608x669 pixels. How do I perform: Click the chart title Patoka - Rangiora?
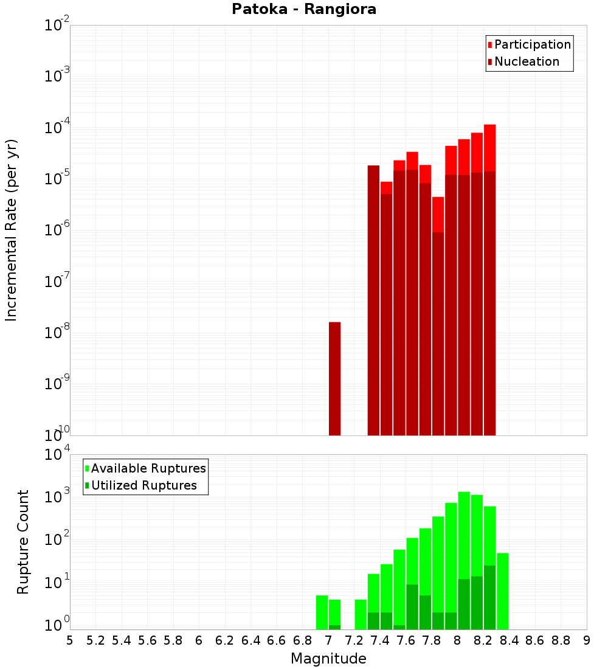coord(304,9)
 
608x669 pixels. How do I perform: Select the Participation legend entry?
coord(529,44)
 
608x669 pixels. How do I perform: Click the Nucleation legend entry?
coord(523,61)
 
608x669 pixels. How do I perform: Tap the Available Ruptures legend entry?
coord(145,468)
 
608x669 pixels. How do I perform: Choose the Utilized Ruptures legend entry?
coord(140,485)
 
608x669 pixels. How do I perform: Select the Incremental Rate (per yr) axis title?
coord(12,230)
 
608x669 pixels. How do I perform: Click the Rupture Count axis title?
coord(23,541)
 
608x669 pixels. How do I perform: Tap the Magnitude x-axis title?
coord(328,659)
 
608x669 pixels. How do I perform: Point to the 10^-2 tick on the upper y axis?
coord(57,26)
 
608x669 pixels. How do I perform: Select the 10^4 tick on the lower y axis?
coord(57,455)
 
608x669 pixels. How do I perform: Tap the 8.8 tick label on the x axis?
coord(561,640)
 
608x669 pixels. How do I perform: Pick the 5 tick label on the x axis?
coord(70,640)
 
